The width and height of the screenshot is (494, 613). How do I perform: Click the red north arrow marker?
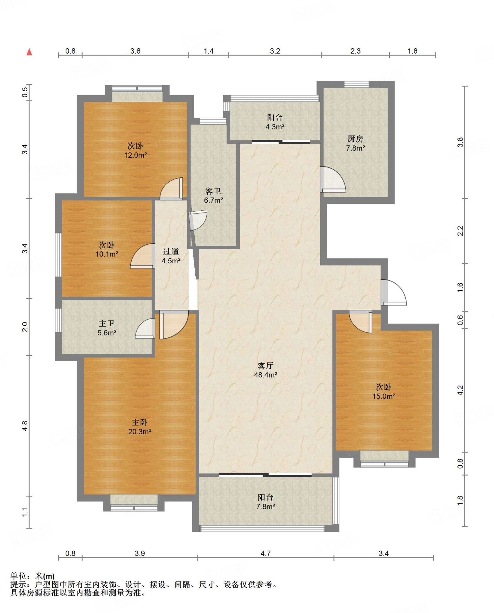29,52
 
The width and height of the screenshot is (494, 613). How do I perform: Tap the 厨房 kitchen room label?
355,139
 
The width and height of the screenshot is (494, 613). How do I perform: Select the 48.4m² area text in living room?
265,375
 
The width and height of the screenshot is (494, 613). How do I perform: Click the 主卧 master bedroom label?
140,422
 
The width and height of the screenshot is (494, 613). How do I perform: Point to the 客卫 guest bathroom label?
213,191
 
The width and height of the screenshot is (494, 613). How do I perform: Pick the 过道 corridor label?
171,252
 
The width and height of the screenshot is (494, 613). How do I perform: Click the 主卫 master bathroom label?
107,324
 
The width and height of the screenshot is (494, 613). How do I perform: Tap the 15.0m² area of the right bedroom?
384,396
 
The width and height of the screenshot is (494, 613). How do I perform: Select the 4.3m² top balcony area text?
275,127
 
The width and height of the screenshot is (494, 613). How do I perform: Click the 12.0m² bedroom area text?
135,155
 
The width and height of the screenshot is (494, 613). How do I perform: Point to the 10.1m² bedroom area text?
107,254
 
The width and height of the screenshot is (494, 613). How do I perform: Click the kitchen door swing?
333,179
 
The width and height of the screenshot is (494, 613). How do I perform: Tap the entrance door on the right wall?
394,292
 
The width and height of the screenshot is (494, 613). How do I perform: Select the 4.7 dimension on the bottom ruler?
265,553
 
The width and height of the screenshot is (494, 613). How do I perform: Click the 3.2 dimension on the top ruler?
275,51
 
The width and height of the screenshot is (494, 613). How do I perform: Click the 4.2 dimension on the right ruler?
460,390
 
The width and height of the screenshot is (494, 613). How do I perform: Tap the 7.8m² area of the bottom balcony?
265,506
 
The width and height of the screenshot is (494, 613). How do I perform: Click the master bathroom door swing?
145,328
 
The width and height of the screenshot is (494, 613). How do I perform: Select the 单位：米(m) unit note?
32,576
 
